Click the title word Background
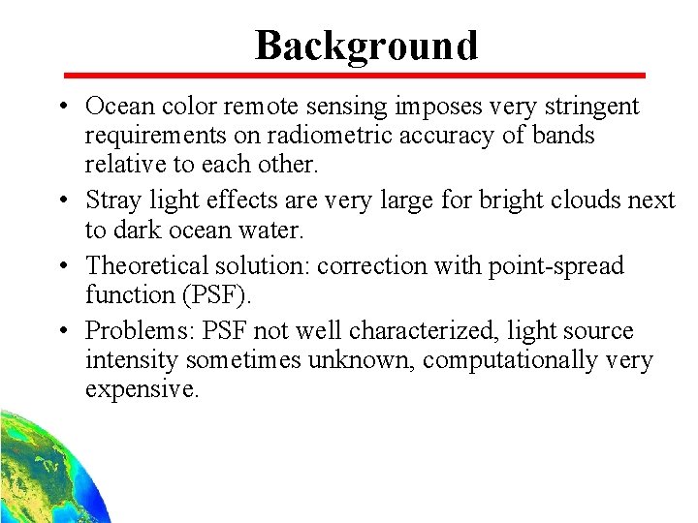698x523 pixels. [x=366, y=46]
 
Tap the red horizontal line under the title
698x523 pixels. [x=354, y=75]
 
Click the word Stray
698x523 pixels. [x=113, y=200]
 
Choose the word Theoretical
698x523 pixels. [x=148, y=264]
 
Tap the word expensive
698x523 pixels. [x=142, y=390]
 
